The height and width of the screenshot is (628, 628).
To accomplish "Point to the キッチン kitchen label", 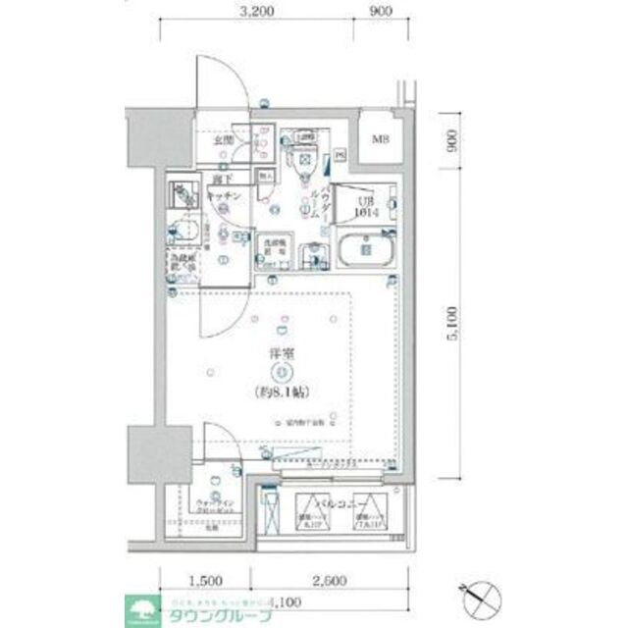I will pos(224,196).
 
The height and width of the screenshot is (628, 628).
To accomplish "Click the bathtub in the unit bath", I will pos(364,251).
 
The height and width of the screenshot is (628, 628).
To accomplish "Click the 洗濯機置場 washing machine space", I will pos(274,245).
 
